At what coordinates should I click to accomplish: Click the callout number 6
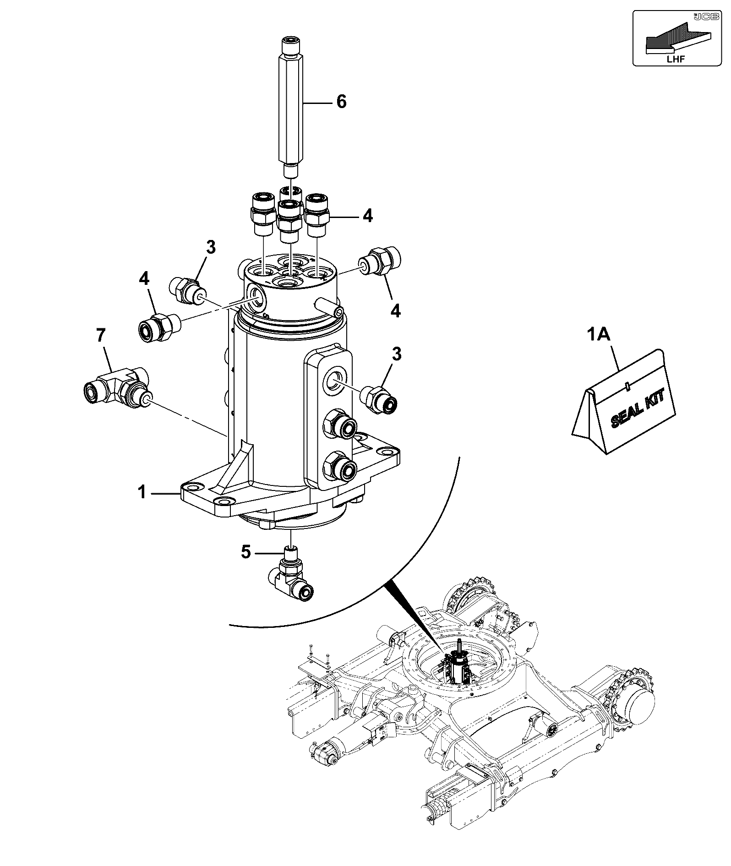[x=341, y=102]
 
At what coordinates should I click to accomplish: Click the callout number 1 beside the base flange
[x=142, y=493]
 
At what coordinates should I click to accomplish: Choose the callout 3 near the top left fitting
[x=210, y=247]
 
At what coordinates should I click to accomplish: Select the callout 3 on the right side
[x=396, y=354]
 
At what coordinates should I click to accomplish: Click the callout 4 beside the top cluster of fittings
[x=367, y=215]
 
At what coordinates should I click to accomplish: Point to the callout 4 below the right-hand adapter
[x=395, y=311]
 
